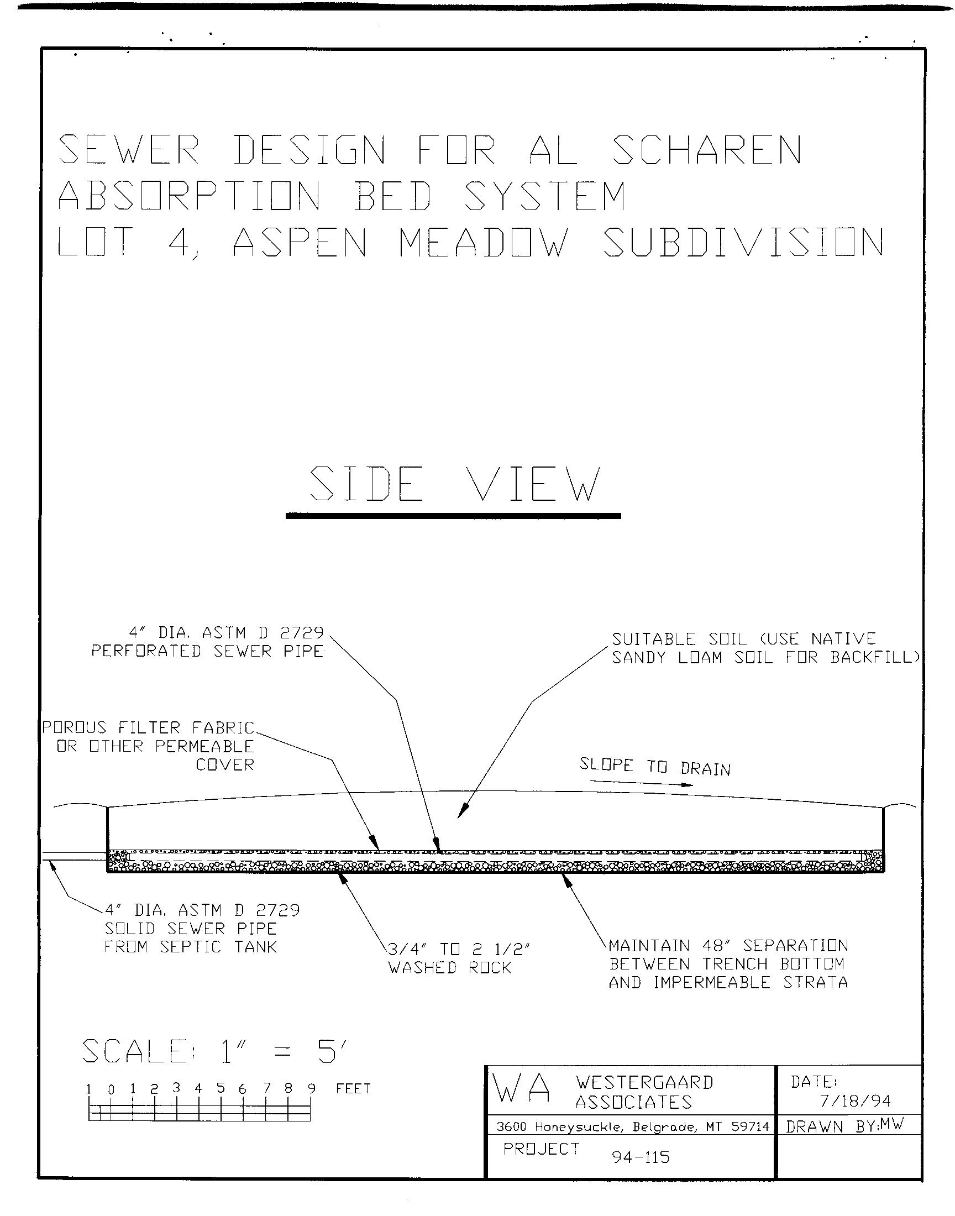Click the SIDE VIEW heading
click(454, 484)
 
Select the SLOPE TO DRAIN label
click(655, 767)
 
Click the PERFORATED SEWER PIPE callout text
click(207, 651)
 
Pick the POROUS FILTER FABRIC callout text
click(149, 728)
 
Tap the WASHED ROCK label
click(450, 968)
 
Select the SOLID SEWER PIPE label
click(191, 929)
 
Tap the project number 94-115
click(641, 1157)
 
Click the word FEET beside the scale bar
click(353, 1088)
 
